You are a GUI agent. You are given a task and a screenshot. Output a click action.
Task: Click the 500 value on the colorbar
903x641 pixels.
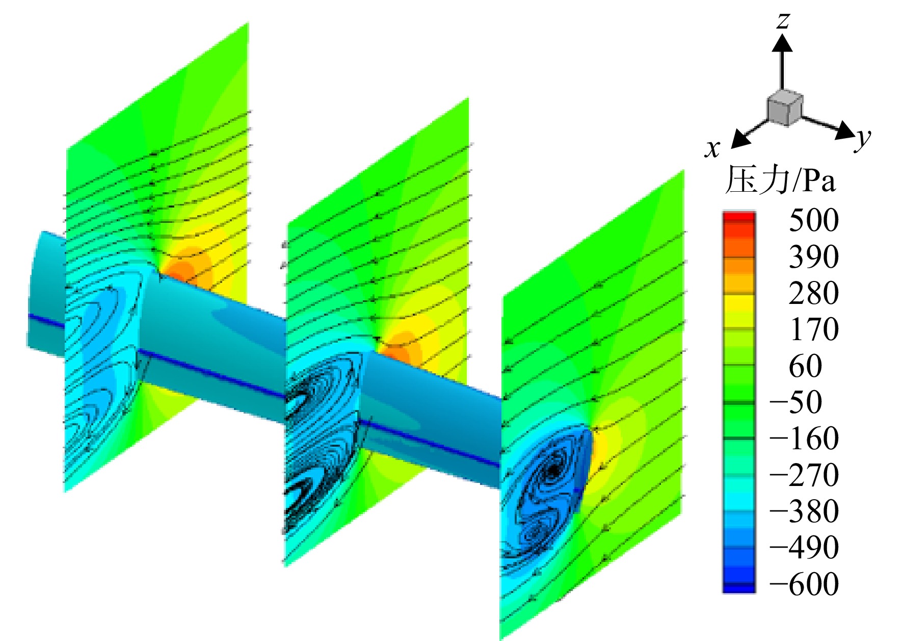(814, 220)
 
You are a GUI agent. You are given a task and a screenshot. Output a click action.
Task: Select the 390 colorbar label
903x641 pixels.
(814, 257)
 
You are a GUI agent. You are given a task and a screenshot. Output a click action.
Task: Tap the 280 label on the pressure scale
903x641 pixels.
(814, 293)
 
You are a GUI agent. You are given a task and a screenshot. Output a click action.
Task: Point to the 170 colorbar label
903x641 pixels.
(814, 329)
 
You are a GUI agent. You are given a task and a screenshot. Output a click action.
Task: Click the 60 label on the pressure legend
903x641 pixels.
(805, 366)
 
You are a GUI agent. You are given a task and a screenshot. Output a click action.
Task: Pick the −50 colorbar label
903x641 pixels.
(796, 402)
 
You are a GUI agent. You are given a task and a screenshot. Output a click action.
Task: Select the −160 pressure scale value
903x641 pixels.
(804, 438)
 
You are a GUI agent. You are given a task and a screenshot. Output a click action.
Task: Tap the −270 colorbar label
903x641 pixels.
(804, 475)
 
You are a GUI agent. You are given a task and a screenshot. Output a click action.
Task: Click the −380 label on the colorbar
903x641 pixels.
(804, 511)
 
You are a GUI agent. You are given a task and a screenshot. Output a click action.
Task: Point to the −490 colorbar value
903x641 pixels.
(804, 547)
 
